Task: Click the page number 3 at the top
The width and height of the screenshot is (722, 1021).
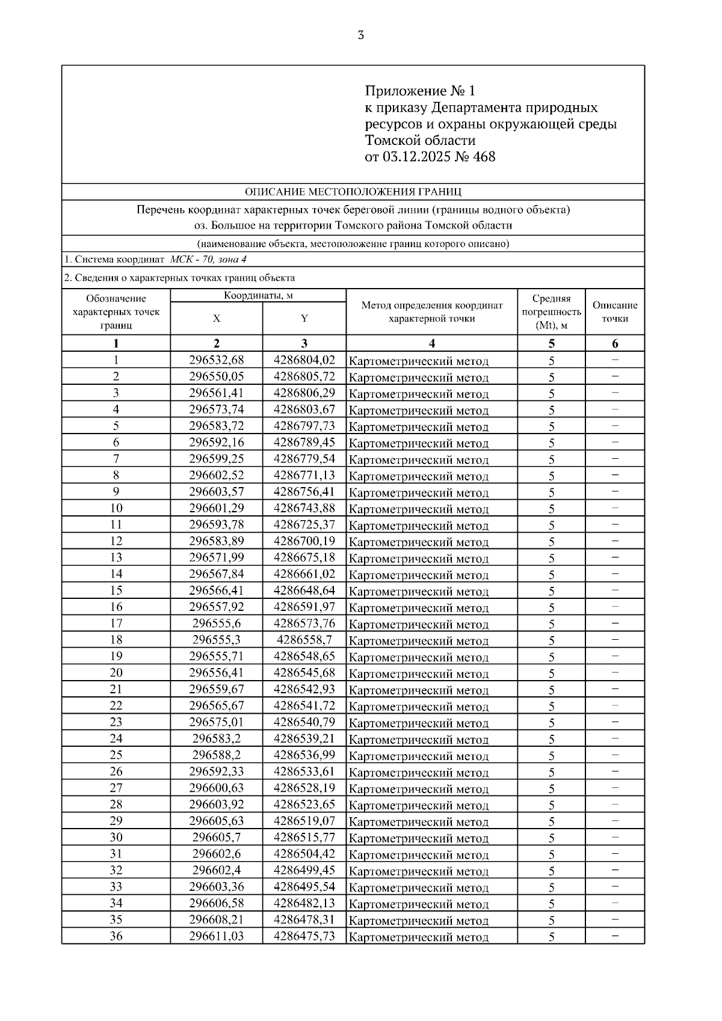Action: point(360,35)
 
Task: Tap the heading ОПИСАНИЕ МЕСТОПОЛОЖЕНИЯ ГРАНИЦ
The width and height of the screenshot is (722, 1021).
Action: point(353,192)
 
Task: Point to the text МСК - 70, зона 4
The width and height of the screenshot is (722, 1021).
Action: point(208,260)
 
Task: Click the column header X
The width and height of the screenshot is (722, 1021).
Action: point(217,319)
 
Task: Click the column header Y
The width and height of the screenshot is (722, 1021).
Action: point(304,319)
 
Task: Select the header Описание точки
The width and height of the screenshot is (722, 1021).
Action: point(615,311)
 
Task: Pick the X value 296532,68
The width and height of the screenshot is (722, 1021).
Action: point(217,360)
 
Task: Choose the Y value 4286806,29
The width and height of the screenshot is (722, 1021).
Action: point(304,393)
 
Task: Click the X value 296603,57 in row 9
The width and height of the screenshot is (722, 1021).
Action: point(217,492)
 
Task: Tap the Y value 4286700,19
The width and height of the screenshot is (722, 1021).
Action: point(304,541)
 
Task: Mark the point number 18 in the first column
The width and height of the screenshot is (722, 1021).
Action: point(116,640)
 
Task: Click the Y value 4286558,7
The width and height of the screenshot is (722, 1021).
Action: point(304,640)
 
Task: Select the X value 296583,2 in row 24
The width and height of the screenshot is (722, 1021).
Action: point(217,738)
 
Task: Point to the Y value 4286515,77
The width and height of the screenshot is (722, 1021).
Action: point(304,837)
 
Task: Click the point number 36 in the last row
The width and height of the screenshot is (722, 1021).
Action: point(116,936)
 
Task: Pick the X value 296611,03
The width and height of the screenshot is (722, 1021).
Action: point(217,936)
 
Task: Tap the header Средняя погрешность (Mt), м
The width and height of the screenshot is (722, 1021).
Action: point(551,311)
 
